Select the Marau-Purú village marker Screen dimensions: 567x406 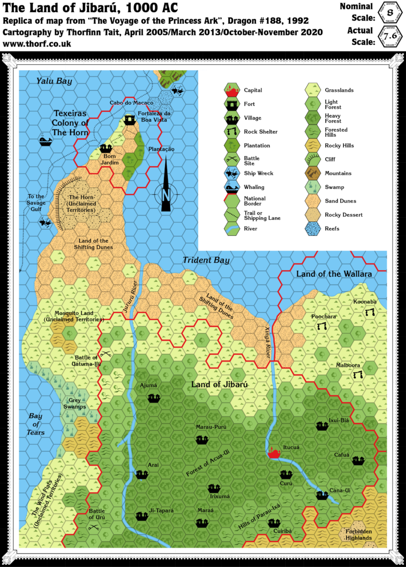pyautogui.click(x=202, y=440)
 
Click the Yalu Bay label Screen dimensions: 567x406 pyautogui.click(x=54, y=81)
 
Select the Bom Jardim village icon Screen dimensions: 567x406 pyautogui.click(x=106, y=148)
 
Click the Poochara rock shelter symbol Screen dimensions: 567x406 pyautogui.click(x=320, y=327)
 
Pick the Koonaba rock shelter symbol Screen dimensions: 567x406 pyautogui.click(x=369, y=312)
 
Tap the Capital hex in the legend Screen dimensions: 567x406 pyautogui.click(x=232, y=90)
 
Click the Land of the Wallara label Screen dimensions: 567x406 pyautogui.click(x=333, y=274)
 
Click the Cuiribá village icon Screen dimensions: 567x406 pyautogui.click(x=279, y=522)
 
